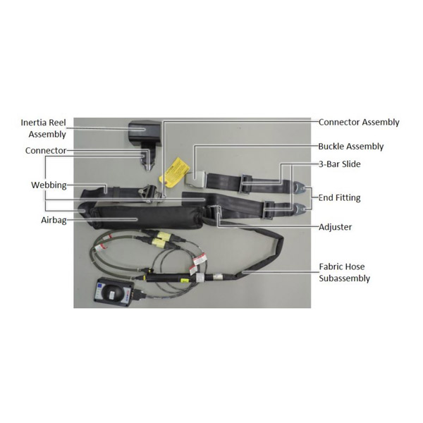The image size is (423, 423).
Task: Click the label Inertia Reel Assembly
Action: tap(44, 128)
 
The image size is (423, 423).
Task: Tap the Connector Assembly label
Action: tap(359, 122)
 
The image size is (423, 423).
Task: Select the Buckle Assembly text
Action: tap(350, 147)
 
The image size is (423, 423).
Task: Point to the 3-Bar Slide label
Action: tap(339, 164)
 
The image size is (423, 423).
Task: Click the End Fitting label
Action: tap(339, 197)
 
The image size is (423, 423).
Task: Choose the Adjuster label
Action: tap(335, 227)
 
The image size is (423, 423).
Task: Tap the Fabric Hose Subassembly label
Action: tap(344, 272)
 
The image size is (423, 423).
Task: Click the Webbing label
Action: tap(49, 185)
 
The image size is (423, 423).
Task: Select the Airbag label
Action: tap(54, 220)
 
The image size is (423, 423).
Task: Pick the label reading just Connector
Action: tap(46, 151)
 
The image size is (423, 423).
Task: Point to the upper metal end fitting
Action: tap(299, 188)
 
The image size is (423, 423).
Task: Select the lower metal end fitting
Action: tap(299, 209)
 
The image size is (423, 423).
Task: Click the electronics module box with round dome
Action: tap(114, 293)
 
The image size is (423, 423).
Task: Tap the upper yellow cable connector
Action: tap(163, 235)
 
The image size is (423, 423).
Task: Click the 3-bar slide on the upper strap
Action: tap(246, 184)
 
